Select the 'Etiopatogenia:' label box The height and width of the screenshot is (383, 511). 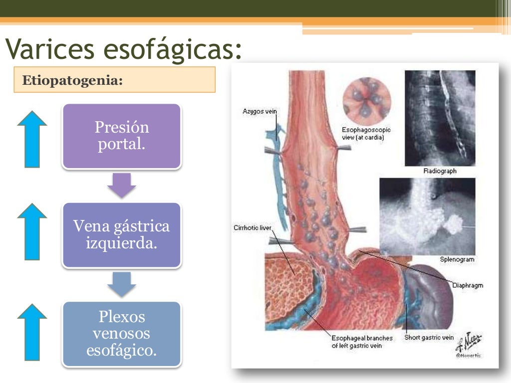tap(114, 80)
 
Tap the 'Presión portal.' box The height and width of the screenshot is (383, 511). tap(121, 136)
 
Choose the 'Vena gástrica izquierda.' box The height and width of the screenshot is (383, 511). tap(121, 235)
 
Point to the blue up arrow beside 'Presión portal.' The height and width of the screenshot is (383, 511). tap(32, 139)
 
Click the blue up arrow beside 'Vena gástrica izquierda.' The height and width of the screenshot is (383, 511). tap(32, 231)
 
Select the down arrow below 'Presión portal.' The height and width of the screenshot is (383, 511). tap(121, 185)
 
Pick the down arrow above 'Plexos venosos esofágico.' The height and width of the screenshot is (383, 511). tap(121, 284)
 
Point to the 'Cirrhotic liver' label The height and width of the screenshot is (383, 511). tap(253, 228)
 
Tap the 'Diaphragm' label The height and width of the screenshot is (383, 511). tap(468, 285)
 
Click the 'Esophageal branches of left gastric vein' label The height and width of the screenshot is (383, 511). tap(362, 342)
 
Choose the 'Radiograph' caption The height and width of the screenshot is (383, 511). tap(440, 171)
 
